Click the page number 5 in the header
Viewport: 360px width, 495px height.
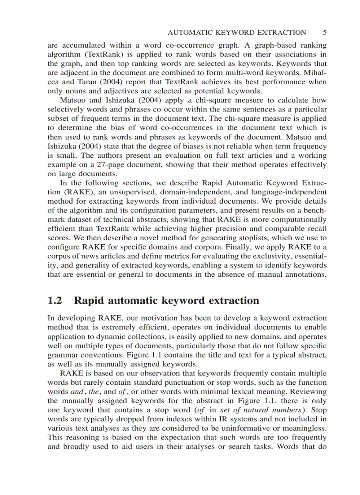324,33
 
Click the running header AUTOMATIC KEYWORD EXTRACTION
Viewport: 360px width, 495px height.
237,33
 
